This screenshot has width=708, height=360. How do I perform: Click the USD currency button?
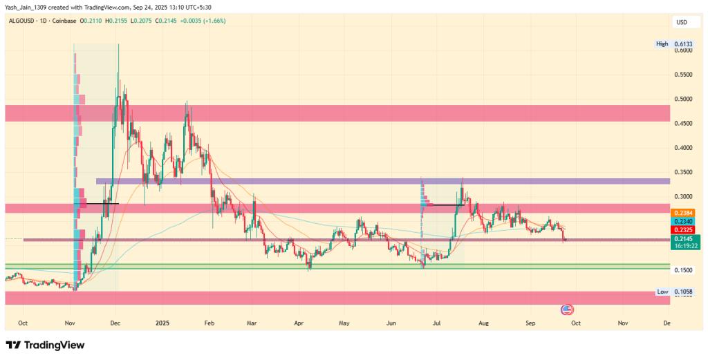pos(682,23)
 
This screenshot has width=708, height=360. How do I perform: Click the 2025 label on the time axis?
pos(162,323)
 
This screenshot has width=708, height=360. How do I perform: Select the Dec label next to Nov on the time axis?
pos(115,323)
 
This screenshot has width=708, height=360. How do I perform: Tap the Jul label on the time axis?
pos(437,323)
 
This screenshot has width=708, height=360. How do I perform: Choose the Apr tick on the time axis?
pos(299,323)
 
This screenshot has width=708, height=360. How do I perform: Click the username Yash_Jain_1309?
pos(27,6)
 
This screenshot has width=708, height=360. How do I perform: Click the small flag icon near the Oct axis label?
pos(567,309)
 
